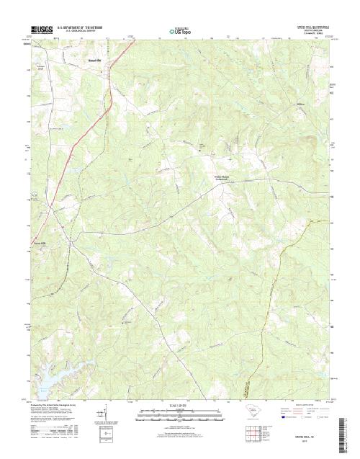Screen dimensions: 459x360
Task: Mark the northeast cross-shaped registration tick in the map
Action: (x=230, y=158)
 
